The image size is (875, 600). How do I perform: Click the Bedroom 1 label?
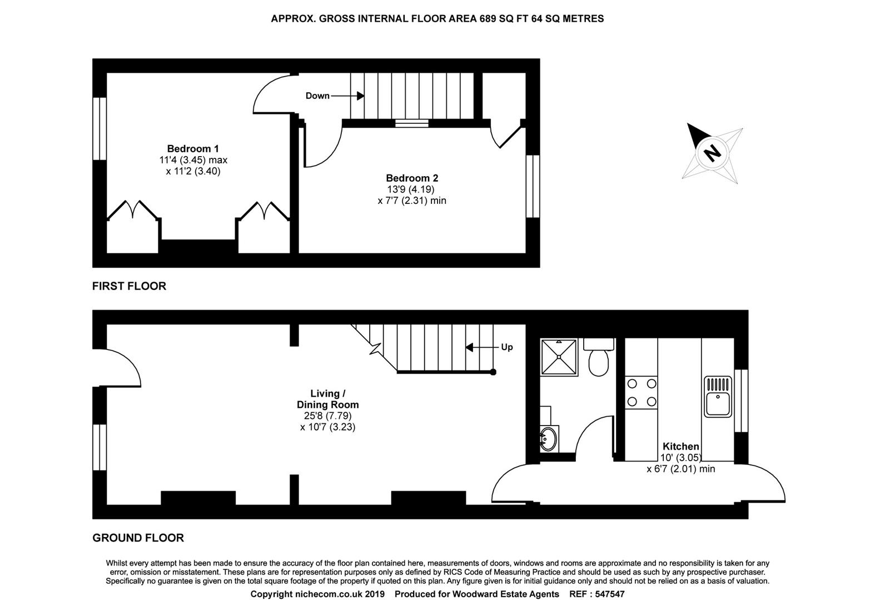pos(193,149)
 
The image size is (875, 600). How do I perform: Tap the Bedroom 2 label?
pos(412,178)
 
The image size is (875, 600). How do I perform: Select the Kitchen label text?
pos(680,447)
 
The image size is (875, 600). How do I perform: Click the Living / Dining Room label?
pos(327,399)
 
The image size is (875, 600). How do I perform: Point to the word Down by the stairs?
pos(317,96)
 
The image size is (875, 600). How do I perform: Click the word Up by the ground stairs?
pos(506,347)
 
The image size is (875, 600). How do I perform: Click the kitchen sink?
pos(718,397)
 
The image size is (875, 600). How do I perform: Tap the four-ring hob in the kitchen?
pos(641,393)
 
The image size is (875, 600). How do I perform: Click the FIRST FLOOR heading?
pos(129,286)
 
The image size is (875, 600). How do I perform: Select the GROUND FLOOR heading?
pos(138,538)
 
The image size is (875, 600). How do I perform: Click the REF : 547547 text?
pos(597,594)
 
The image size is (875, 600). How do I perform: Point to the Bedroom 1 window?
pos(100,129)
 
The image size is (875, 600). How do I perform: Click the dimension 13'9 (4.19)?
pos(411,189)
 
